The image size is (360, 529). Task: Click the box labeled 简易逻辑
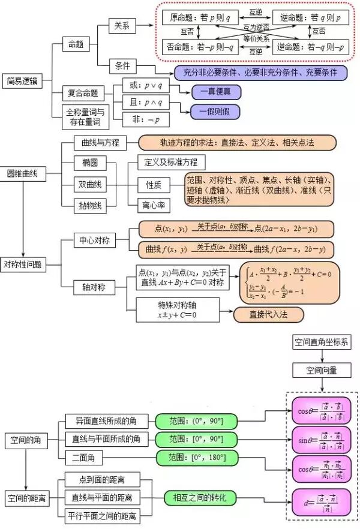click(22, 81)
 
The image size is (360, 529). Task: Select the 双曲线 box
click(90, 184)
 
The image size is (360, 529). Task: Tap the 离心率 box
click(154, 205)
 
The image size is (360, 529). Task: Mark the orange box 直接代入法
click(268, 314)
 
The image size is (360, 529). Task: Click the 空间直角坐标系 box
click(322, 342)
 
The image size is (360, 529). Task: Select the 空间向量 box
click(322, 371)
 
